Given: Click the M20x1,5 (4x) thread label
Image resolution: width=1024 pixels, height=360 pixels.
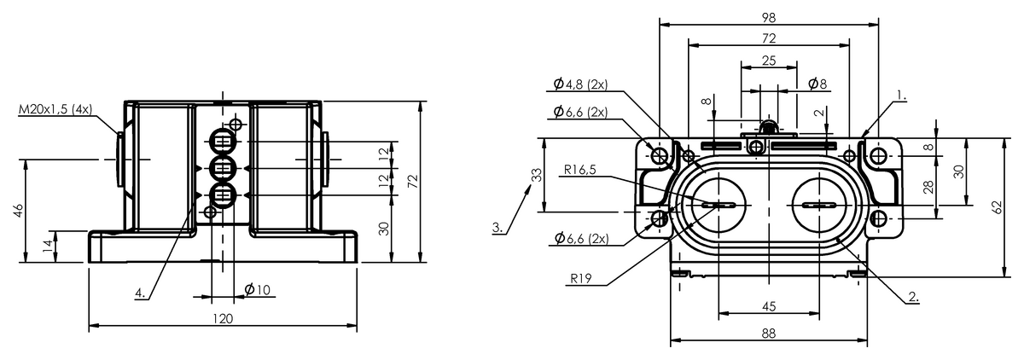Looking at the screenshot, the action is click(55, 110).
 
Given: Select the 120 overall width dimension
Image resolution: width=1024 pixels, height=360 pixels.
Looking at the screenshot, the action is click(223, 318).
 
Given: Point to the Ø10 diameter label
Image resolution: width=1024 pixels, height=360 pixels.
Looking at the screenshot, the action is click(257, 290).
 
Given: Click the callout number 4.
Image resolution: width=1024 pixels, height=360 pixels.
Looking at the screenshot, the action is click(140, 293).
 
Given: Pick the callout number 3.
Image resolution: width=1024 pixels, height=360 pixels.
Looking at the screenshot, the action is click(497, 228).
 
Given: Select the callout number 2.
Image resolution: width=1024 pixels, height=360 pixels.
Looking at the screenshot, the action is click(913, 297).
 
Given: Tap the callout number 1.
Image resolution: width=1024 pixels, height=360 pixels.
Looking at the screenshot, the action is click(901, 96).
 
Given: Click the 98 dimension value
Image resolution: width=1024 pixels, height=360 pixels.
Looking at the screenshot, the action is click(769, 18).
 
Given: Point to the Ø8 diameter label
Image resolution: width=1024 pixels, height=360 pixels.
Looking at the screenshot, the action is click(817, 84).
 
